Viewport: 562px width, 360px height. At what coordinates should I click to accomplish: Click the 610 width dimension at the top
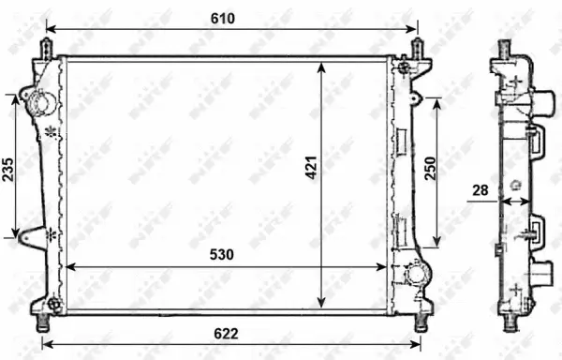[222, 18]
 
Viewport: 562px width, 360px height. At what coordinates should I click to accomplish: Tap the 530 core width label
[222, 254]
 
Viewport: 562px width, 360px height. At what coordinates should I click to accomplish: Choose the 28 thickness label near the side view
[480, 191]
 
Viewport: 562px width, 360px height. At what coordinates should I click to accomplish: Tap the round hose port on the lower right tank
[415, 274]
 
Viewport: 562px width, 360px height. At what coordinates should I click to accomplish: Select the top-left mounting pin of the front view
[45, 47]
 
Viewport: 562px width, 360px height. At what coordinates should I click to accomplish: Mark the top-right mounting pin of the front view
[418, 47]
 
